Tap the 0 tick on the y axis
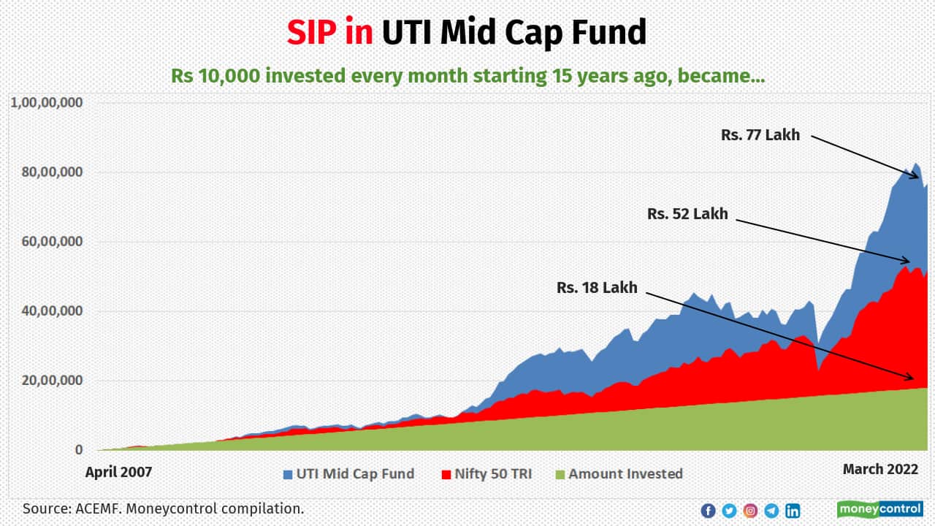[x=78, y=450]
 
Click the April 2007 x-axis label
[x=118, y=472]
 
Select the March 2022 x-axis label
[x=880, y=469]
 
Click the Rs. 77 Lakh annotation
[x=760, y=135]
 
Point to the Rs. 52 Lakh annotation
[x=687, y=214]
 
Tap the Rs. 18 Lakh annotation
[x=597, y=288]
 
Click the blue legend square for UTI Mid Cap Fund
[x=288, y=474]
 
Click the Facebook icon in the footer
[x=708, y=511]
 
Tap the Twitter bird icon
[x=729, y=511]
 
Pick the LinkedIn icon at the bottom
[x=793, y=511]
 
